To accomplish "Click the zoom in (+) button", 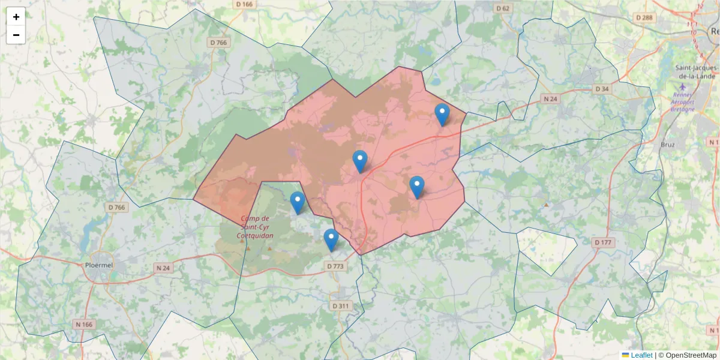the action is (x=16, y=17).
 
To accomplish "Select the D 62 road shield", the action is (x=503, y=8).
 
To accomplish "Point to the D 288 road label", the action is (x=644, y=18).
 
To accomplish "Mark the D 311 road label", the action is (x=340, y=306).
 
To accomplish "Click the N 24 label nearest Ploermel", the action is (x=163, y=268).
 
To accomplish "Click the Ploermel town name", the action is (x=100, y=265).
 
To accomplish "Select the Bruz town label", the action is (x=667, y=145).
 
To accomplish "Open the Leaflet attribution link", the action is (x=641, y=355).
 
